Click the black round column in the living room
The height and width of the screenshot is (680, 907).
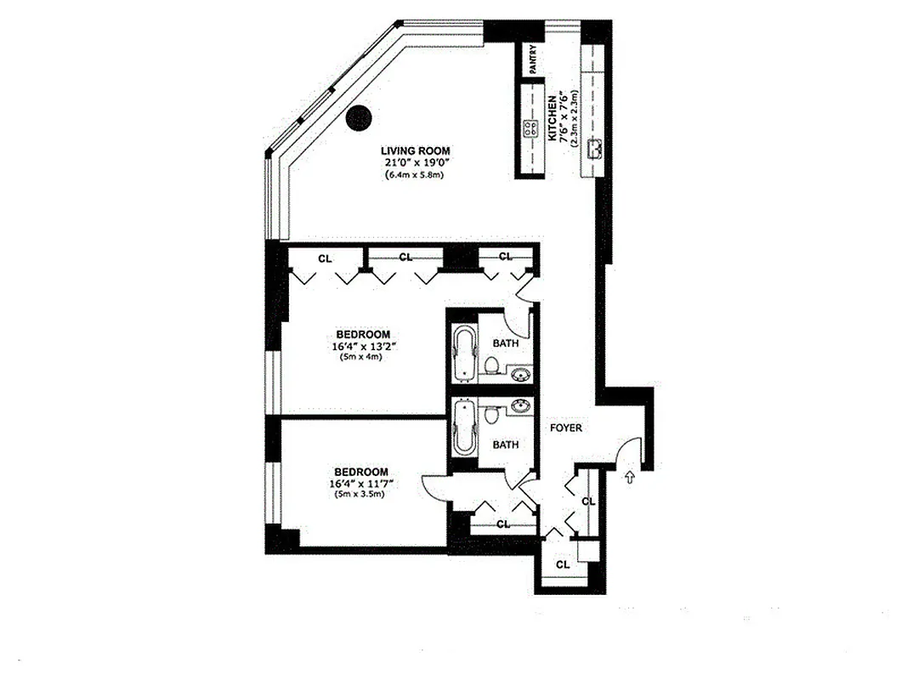point(360,117)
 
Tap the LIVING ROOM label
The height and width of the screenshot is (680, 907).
point(416,151)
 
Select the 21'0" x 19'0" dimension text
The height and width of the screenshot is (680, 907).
point(416,163)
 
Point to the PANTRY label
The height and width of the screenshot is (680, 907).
point(533,60)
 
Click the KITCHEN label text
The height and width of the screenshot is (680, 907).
point(553,118)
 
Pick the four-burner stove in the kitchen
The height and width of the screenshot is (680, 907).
point(531,130)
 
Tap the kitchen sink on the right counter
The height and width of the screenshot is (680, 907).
point(598,145)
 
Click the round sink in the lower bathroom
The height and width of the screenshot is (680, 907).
point(520,406)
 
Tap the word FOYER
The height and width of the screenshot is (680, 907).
point(565,428)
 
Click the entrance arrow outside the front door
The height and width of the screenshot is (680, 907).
point(629,478)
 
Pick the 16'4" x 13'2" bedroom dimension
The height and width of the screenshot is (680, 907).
point(361,346)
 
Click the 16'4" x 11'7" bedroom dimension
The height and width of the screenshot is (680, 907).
point(361,484)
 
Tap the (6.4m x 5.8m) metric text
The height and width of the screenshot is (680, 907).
point(416,175)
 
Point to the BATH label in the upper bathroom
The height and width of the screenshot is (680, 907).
point(506,343)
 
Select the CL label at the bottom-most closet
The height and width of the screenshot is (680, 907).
point(562,564)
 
